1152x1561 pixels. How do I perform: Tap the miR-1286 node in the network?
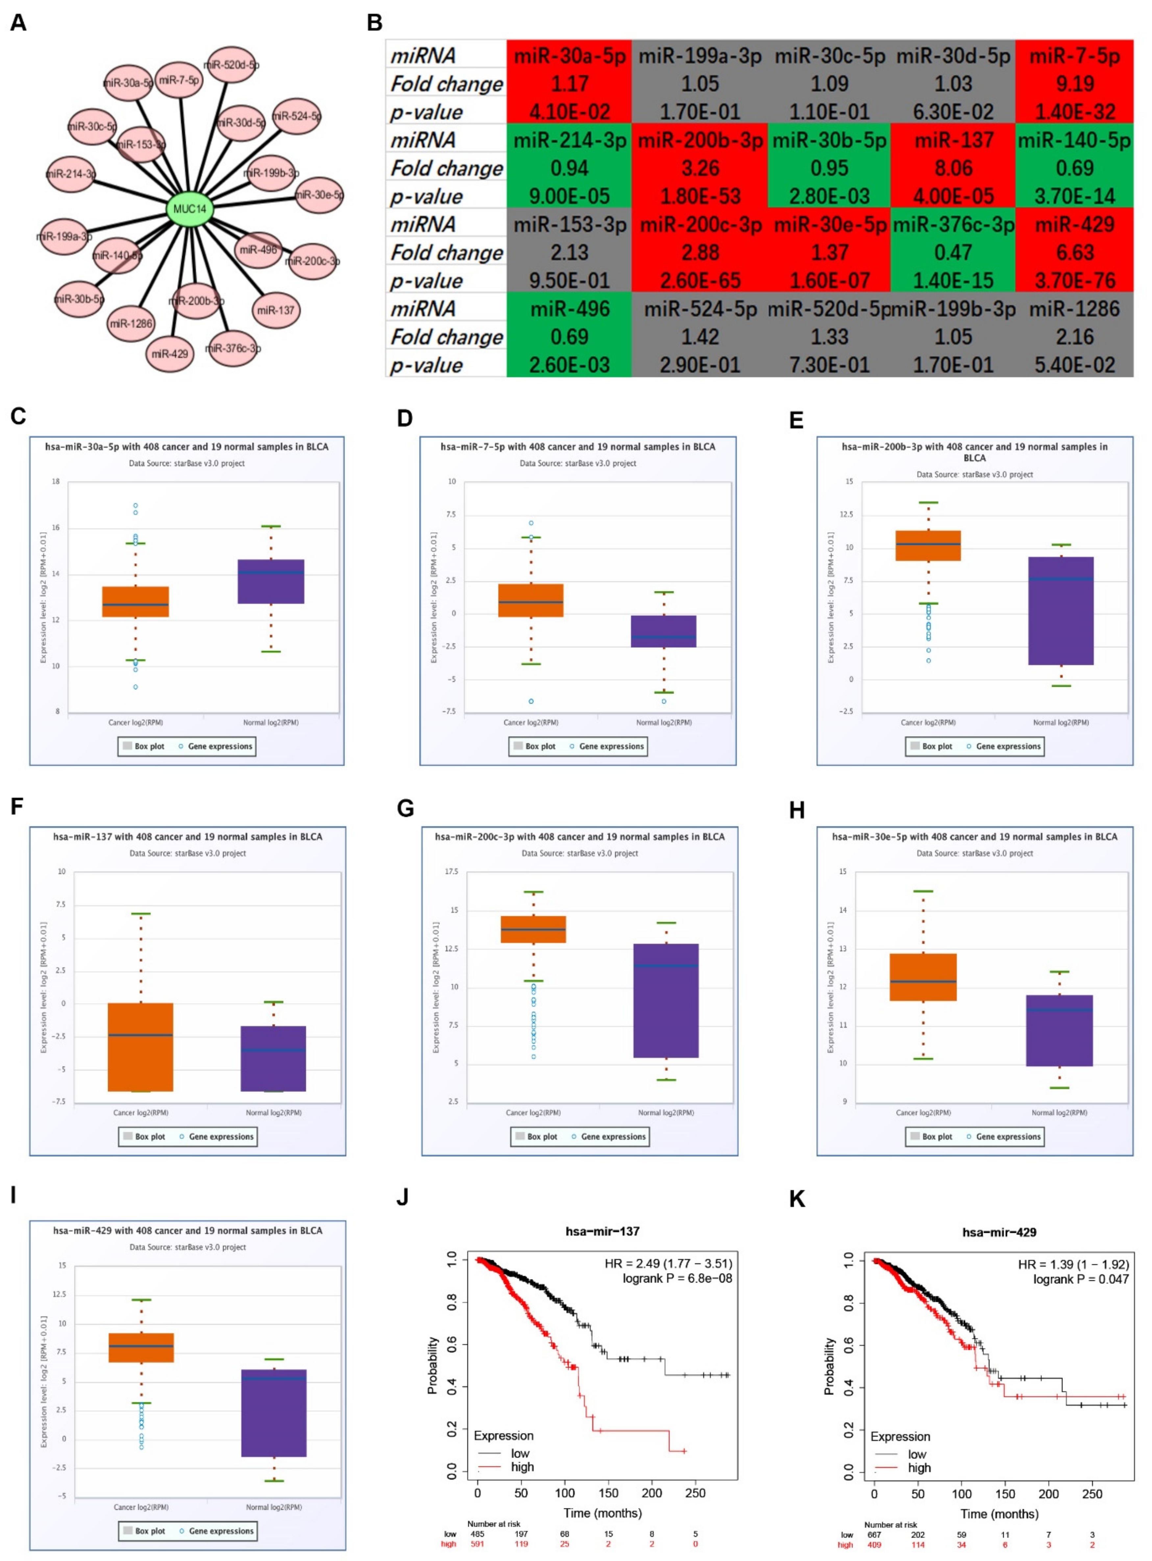point(131,323)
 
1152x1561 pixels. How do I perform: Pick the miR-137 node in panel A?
point(276,310)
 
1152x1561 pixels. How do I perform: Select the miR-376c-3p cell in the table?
point(953,225)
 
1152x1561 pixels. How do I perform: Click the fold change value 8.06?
point(953,168)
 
